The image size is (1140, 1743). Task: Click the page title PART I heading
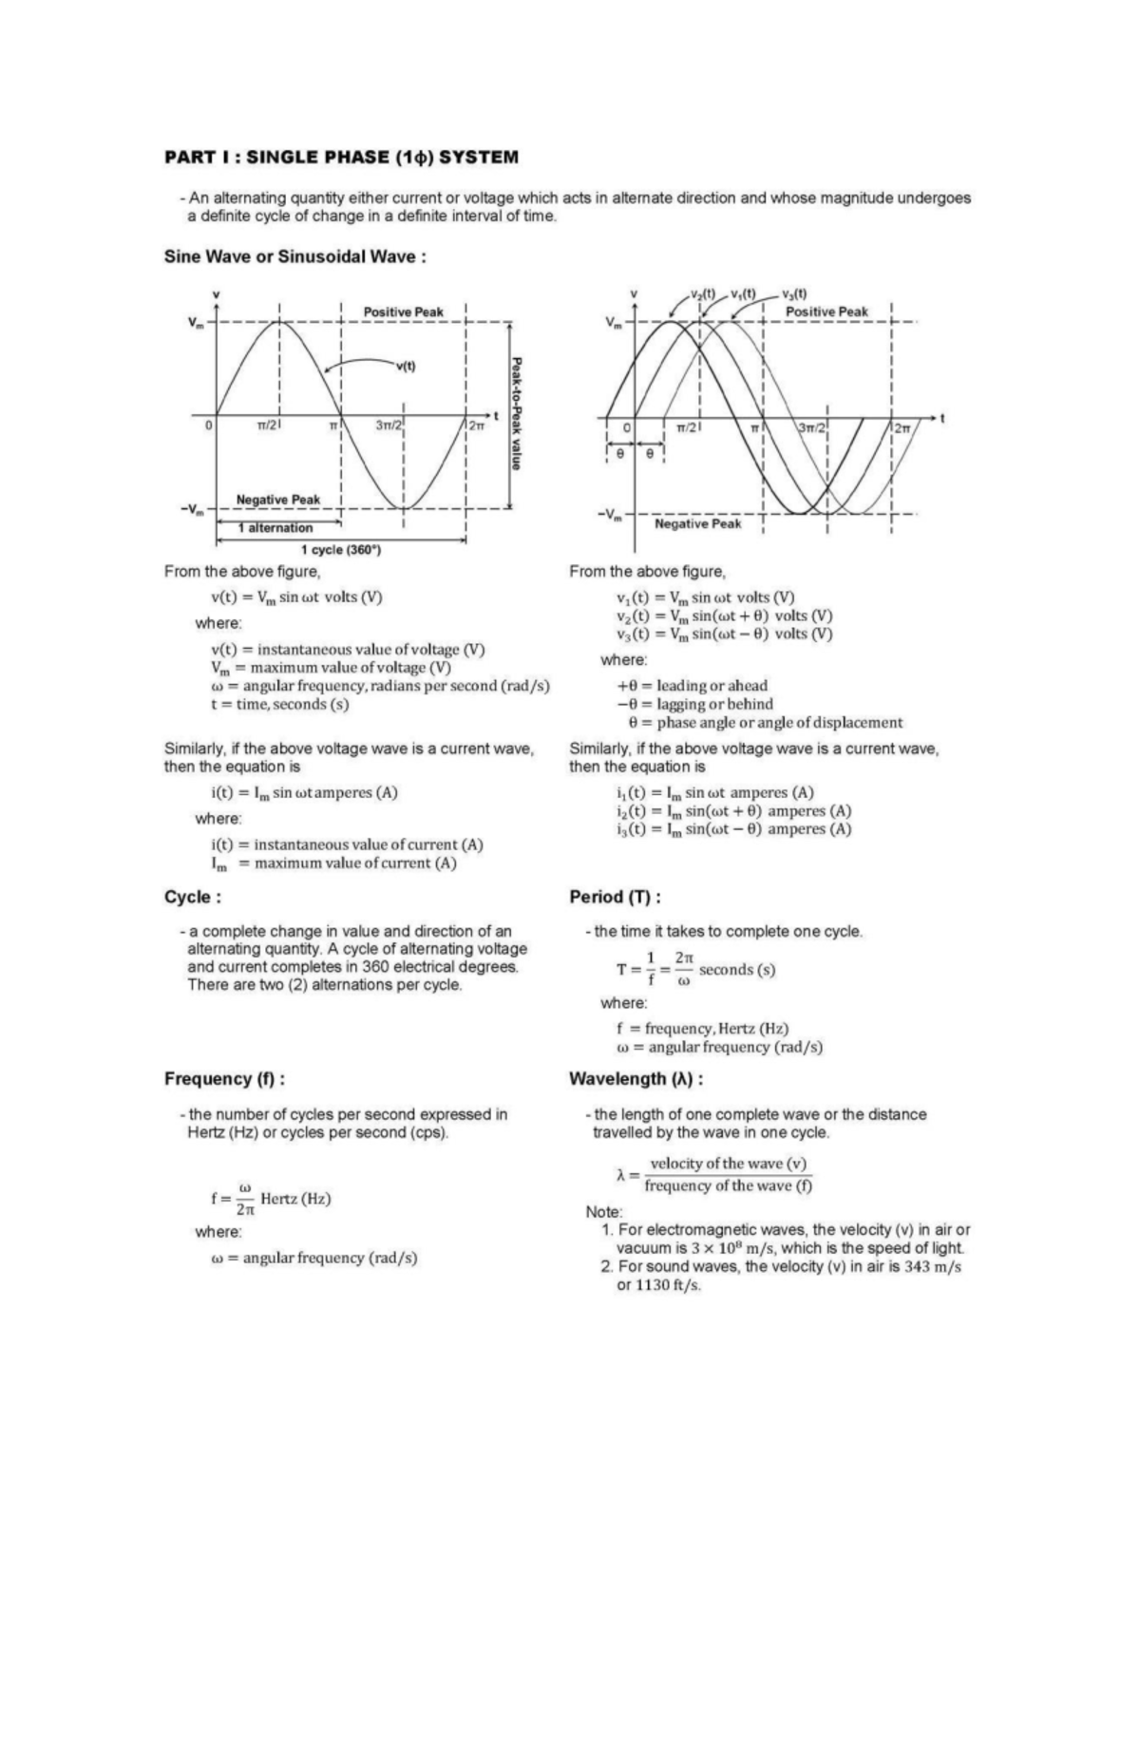[x=341, y=157]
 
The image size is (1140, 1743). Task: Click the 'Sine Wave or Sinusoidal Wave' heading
[x=294, y=256]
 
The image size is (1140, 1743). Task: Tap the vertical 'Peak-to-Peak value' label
[x=516, y=412]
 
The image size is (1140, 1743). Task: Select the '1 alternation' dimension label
[x=275, y=527]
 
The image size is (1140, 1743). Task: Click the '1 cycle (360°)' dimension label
[x=340, y=550]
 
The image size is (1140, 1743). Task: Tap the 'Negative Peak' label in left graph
[x=277, y=500]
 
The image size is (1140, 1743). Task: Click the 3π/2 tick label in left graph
[x=389, y=426]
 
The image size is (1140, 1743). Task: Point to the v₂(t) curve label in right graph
[x=703, y=294]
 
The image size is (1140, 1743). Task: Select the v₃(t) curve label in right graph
[x=795, y=294]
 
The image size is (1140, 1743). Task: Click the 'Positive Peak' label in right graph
[x=826, y=312]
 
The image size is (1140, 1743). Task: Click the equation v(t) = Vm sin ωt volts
[x=296, y=597]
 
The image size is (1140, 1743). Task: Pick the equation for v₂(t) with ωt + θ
[x=724, y=616]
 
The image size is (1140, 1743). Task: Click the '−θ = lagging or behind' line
[x=694, y=704]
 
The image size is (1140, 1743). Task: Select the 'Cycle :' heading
[x=193, y=897]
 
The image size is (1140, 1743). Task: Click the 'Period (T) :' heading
[x=615, y=897]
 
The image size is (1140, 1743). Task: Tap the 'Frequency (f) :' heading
[x=224, y=1078]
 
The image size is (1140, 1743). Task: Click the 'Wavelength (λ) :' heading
[x=636, y=1078]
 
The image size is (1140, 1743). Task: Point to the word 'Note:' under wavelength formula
[x=604, y=1212]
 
